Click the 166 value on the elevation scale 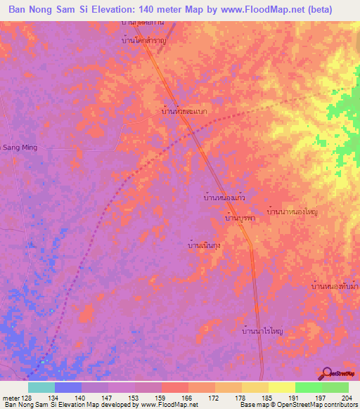pos(186,398)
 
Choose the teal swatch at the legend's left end pos(41,387)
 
